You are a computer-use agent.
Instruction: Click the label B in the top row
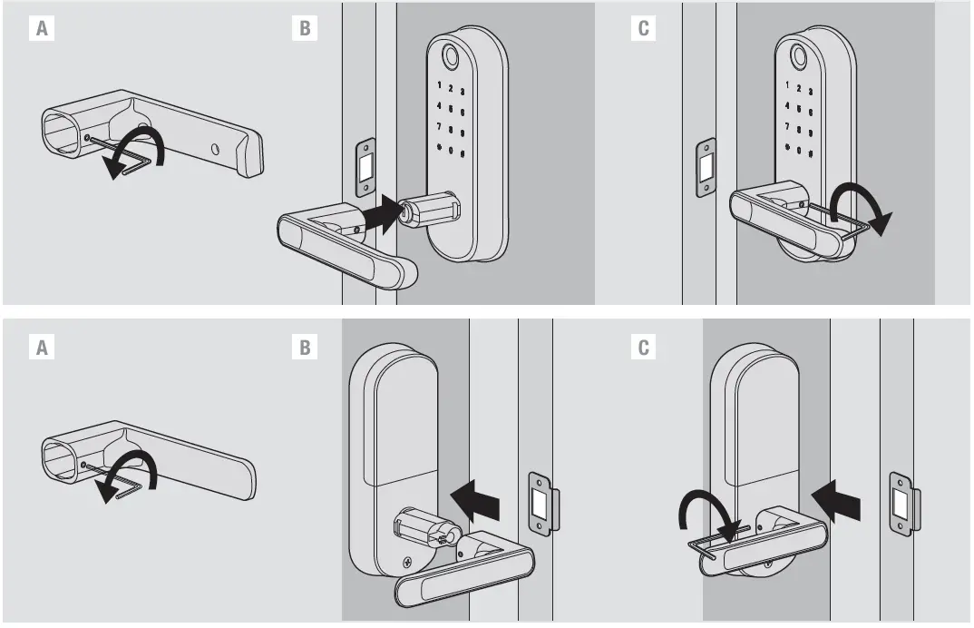(x=305, y=28)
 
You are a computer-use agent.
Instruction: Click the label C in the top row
(x=643, y=28)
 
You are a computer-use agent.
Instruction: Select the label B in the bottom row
(x=305, y=348)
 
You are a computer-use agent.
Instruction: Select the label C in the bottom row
(x=643, y=348)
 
